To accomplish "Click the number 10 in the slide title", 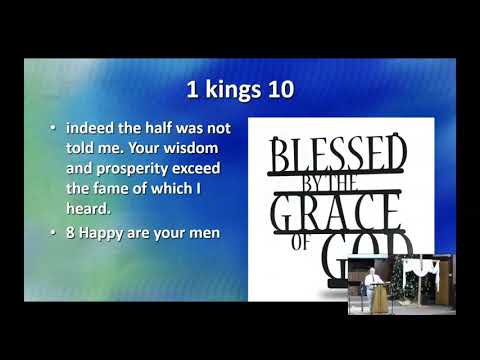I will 279,89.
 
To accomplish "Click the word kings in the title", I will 231,90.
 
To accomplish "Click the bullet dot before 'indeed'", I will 53,129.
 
